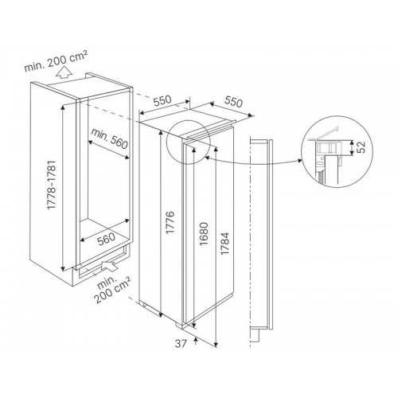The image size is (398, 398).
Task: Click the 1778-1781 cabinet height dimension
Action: [52, 185]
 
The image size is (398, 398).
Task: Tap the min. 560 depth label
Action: [109, 139]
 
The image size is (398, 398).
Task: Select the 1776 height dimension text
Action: [170, 222]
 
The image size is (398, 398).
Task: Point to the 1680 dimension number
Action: [205, 234]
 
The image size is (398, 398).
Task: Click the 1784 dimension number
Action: [224, 244]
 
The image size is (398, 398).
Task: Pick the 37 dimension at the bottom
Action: [181, 344]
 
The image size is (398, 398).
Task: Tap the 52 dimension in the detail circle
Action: [361, 147]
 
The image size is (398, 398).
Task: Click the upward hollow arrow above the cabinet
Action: [63, 72]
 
